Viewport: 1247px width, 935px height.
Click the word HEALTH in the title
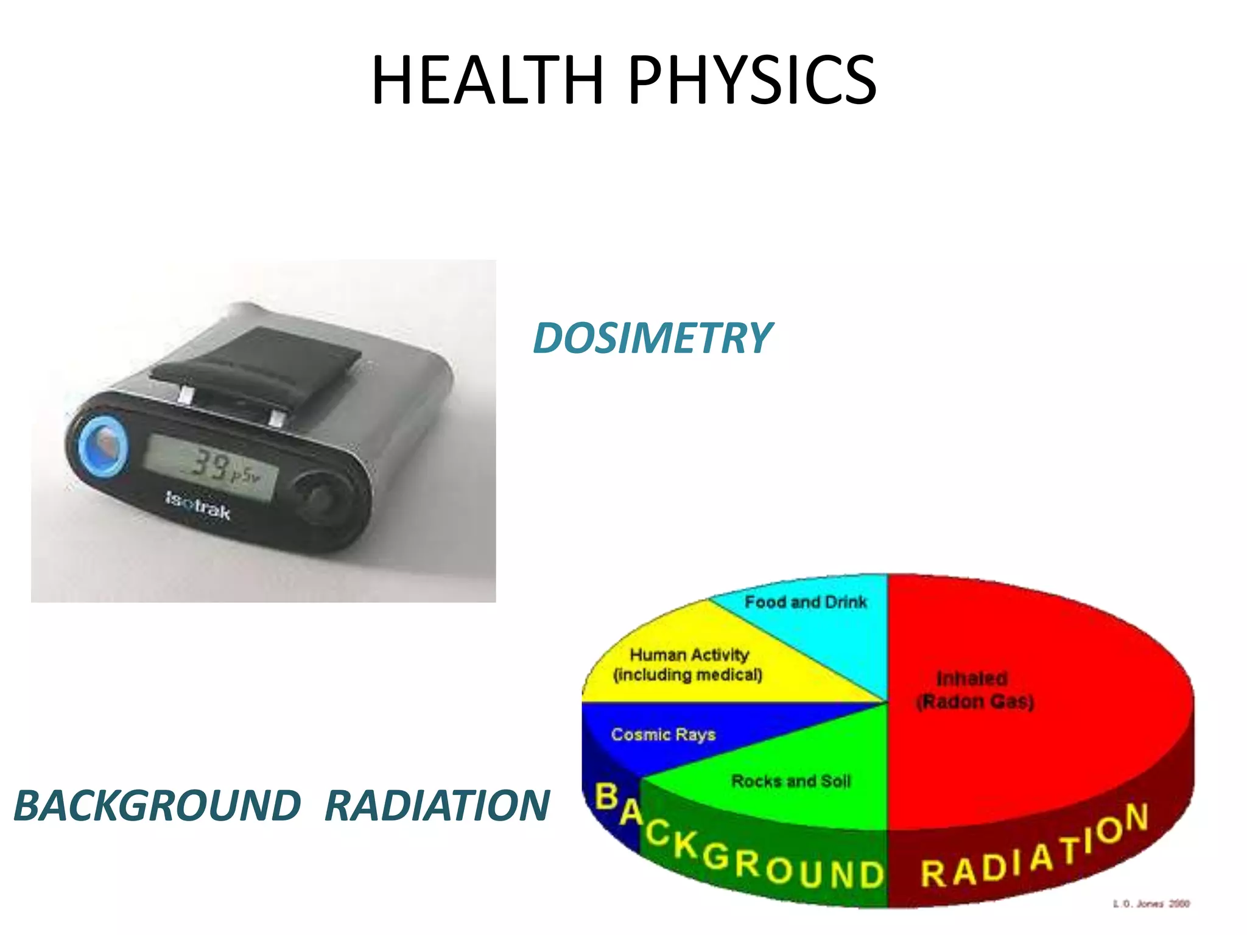(x=487, y=80)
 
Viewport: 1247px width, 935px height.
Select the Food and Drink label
(x=805, y=602)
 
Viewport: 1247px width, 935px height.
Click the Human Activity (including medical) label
(x=688, y=665)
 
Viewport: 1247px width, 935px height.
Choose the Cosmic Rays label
(x=663, y=735)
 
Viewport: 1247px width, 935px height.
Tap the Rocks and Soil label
(x=790, y=781)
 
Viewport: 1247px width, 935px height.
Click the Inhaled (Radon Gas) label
(x=974, y=690)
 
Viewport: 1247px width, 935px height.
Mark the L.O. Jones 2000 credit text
(x=1151, y=904)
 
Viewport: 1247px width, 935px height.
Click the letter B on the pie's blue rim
(x=606, y=796)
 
